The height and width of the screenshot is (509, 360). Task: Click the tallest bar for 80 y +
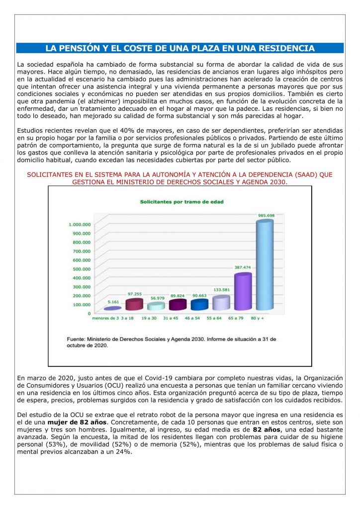[x=265, y=266]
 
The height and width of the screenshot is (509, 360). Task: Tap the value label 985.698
[x=266, y=215]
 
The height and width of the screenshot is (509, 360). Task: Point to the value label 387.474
[x=243, y=267]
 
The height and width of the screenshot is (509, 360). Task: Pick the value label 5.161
[x=113, y=301]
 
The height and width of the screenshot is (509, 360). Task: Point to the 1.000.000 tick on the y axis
[x=79, y=225]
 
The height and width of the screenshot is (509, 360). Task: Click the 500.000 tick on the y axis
[x=82, y=269]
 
